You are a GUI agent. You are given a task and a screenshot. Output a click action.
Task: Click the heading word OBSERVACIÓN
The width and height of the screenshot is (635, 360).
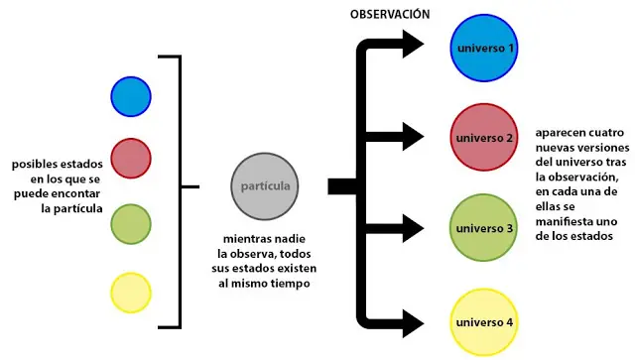point(390,14)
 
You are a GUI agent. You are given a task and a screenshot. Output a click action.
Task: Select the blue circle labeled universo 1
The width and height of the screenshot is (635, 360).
point(484,48)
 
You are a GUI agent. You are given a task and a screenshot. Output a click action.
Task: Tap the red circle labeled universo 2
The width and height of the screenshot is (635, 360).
point(484,137)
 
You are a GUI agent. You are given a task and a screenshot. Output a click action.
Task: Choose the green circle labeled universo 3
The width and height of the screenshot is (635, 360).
point(483,227)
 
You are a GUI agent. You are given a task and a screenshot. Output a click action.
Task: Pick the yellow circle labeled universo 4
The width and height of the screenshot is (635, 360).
point(484,322)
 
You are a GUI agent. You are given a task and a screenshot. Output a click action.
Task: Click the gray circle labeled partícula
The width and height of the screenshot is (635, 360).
point(265,186)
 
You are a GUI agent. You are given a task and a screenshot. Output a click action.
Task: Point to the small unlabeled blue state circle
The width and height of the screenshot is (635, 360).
point(131,97)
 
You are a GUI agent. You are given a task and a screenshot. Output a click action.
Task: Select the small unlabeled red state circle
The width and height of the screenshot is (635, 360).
point(131,159)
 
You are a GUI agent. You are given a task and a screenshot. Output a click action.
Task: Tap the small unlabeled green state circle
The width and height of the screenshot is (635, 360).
point(131,224)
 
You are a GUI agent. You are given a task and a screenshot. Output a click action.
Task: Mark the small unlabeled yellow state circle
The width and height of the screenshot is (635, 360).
point(131,293)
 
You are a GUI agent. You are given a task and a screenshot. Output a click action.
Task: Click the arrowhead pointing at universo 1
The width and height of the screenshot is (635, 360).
point(413,44)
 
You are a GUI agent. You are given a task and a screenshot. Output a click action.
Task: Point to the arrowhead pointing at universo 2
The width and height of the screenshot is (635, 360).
point(413,137)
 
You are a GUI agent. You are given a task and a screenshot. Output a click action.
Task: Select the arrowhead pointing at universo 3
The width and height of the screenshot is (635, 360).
point(413,229)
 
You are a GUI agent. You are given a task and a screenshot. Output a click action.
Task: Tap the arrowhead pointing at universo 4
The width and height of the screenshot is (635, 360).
point(413,323)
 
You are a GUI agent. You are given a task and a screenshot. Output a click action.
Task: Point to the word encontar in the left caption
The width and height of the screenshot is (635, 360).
point(75,194)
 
